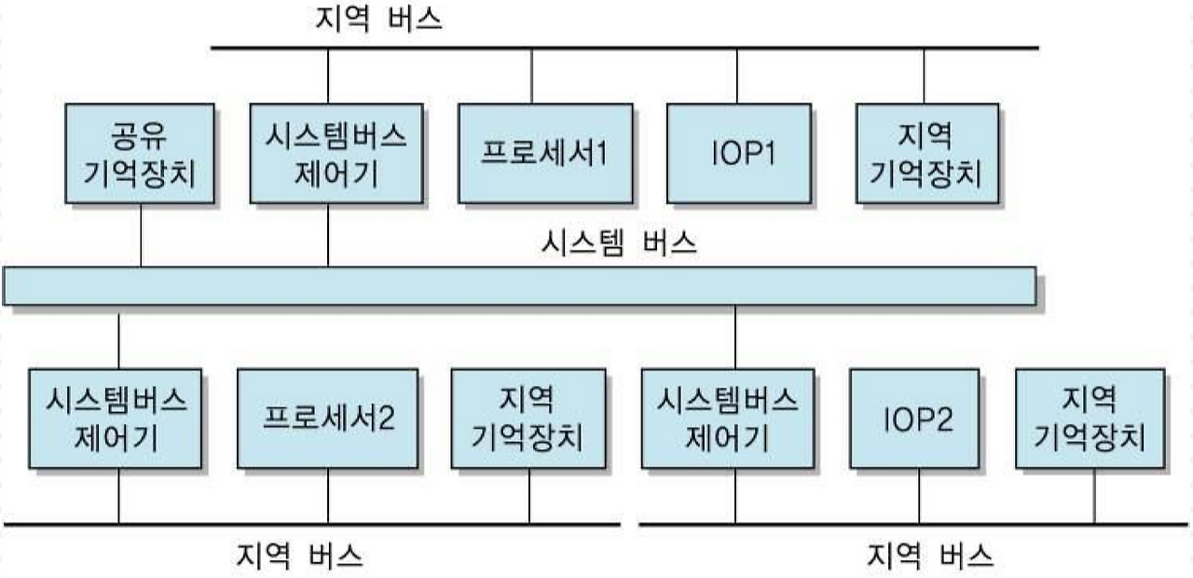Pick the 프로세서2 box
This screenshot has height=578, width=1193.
click(x=328, y=418)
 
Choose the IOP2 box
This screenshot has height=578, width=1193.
click(x=918, y=418)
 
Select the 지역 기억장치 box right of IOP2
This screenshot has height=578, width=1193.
click(x=1090, y=418)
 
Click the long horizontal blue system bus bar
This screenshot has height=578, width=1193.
click(x=519, y=285)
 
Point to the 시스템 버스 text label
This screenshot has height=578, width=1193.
click(x=618, y=244)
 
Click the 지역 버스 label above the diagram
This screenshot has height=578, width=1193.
click(x=379, y=19)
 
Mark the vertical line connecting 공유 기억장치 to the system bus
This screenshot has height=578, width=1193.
click(x=141, y=234)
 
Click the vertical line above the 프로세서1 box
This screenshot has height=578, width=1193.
click(x=532, y=75)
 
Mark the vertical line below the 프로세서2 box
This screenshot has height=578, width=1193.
click(x=328, y=495)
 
